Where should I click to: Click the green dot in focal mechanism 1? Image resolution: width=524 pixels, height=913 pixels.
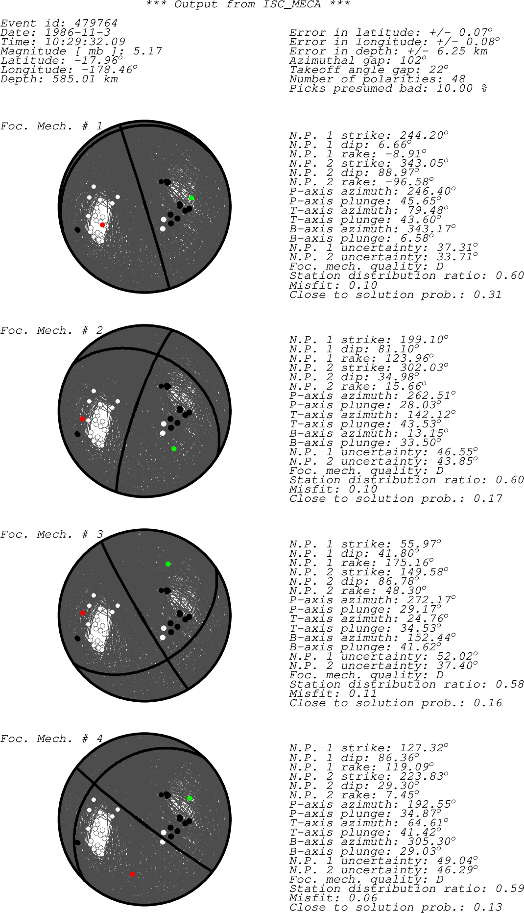pos(191,198)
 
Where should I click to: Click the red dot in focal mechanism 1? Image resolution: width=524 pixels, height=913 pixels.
pos(102,224)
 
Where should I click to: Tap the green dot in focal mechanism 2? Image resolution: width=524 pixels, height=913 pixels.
pos(174,449)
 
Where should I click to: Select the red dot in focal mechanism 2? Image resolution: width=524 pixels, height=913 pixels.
pos(83,419)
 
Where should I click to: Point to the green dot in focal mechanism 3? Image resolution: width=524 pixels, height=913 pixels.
pos(168,564)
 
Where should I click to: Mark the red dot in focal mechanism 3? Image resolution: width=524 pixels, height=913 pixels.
pos(83,613)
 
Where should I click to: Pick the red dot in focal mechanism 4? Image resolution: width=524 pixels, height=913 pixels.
pos(132,874)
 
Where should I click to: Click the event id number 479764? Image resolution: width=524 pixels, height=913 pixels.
pos(96,23)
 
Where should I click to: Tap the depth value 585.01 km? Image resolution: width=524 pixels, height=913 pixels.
pos(85,79)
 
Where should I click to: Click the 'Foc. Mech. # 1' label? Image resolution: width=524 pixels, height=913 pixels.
pos(51,126)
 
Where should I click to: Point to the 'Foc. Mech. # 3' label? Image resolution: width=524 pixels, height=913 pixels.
pos(51,534)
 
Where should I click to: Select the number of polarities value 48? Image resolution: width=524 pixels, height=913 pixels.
pos(458,79)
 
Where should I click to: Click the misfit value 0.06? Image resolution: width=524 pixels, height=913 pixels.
pos(363,898)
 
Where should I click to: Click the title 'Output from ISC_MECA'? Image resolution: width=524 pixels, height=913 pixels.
pos(248,4)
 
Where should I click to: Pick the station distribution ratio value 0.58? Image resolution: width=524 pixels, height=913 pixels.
pos(509,684)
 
